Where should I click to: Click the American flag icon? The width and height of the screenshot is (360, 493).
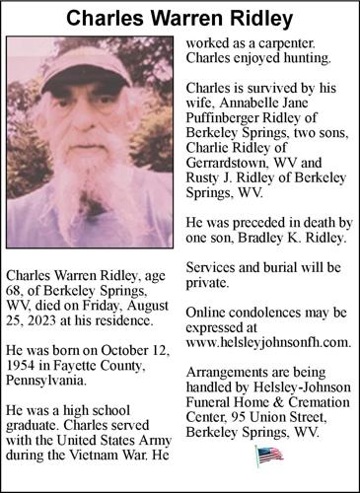pyautogui.click(x=268, y=454)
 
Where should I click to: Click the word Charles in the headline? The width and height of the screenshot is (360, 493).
pyautogui.click(x=107, y=18)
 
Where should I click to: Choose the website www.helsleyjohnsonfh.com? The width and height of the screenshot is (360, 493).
pyautogui.click(x=267, y=342)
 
